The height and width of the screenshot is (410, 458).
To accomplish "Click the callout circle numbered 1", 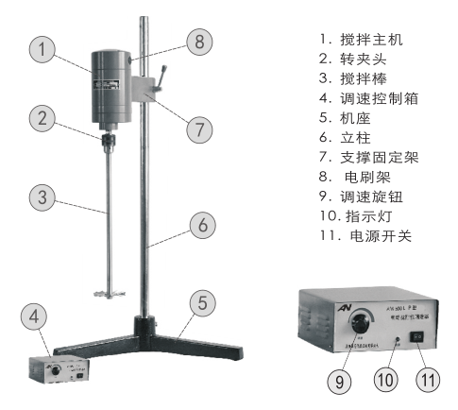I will pos(41,51).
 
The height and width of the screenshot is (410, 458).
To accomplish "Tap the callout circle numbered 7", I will pos(197,129).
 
